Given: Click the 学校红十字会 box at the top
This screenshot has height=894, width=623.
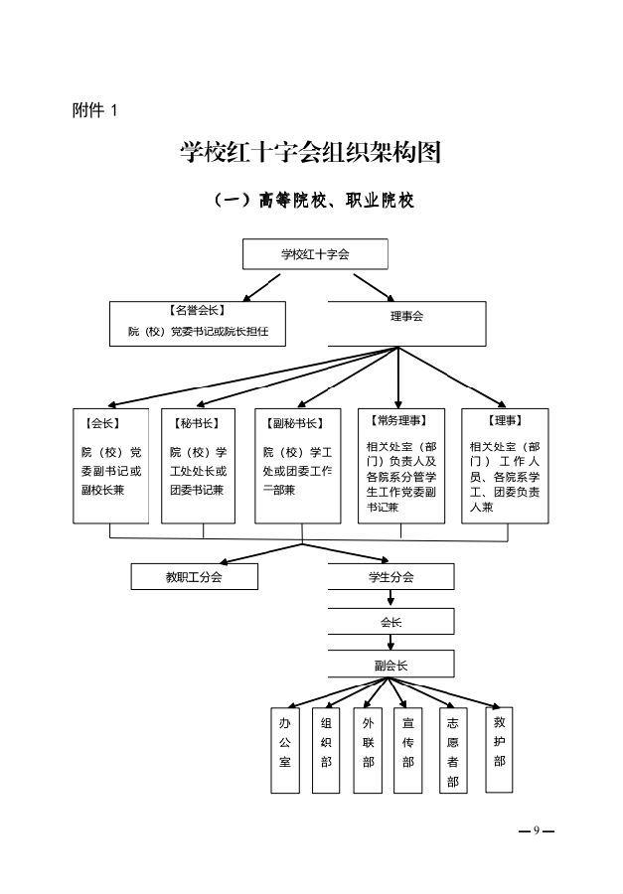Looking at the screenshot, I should point(315,254).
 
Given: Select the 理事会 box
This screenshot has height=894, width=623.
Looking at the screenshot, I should point(406,317).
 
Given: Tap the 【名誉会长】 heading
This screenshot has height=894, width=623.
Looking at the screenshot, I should point(198,311).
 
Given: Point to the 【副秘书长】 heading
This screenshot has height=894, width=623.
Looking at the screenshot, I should point(296,423).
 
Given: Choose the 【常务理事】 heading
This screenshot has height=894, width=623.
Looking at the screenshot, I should point(397,421).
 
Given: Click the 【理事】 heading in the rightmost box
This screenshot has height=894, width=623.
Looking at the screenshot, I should point(505,421).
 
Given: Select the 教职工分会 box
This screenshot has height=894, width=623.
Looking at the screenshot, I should point(194,576).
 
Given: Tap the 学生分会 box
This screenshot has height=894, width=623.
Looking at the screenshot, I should point(390,576).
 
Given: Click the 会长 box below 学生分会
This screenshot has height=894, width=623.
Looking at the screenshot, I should point(390,622).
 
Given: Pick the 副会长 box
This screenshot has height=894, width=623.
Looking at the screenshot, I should point(390,664).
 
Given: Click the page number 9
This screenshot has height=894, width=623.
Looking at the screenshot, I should point(536,830).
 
